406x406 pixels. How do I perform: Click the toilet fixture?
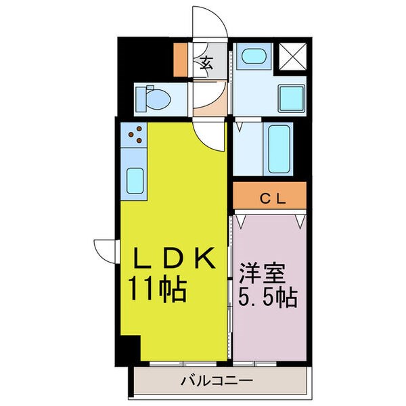tap(153, 99)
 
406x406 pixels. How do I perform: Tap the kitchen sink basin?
tap(135, 181)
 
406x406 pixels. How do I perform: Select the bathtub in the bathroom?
tap(279, 149)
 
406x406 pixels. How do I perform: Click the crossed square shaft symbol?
tap(293, 56)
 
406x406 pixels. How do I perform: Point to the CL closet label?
tap(273, 199)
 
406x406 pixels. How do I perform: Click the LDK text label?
tap(175, 258)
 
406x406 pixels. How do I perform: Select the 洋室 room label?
tap(262, 273)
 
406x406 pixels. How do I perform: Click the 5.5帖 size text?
tap(268, 298)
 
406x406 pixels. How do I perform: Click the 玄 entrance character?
tap(206, 63)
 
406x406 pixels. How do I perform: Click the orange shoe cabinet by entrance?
tap(180, 60)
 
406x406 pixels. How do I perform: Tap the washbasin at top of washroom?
tap(254, 56)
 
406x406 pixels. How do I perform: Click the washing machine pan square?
tap(292, 98)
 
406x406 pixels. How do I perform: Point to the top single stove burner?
tap(139, 129)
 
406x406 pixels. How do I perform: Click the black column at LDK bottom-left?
tap(128, 351)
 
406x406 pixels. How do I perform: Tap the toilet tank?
tap(141, 99)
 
